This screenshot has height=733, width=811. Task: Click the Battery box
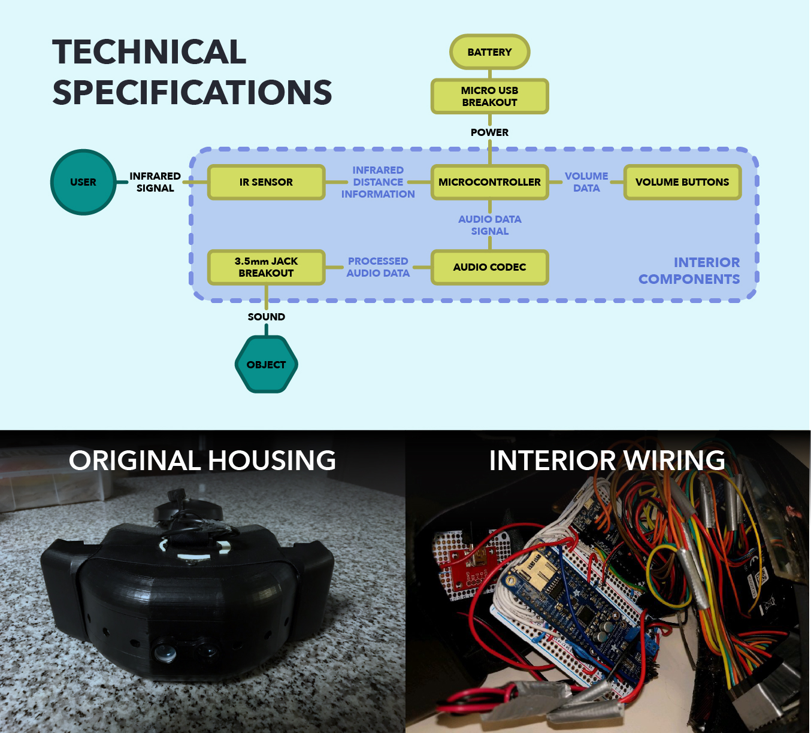click(489, 52)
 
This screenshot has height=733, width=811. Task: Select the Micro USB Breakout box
click(489, 96)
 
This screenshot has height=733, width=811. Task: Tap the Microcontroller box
click(489, 182)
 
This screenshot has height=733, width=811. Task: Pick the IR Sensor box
click(266, 182)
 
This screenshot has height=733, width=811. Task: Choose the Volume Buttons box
click(682, 182)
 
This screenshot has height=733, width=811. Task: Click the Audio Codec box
click(489, 267)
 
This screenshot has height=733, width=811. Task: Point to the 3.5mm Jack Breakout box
click(266, 267)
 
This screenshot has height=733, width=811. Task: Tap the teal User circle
click(83, 182)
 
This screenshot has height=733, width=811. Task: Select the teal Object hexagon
click(267, 364)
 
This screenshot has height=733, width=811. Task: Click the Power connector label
click(489, 132)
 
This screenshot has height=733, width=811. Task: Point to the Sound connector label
click(267, 317)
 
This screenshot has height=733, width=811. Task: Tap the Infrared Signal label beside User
click(155, 182)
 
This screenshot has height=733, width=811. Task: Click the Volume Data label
click(586, 182)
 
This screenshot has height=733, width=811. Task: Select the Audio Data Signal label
click(489, 225)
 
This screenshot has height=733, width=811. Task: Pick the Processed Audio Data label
click(378, 267)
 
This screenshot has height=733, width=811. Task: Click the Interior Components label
click(689, 271)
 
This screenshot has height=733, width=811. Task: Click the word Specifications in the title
click(192, 92)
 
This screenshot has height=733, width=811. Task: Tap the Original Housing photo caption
click(202, 460)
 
